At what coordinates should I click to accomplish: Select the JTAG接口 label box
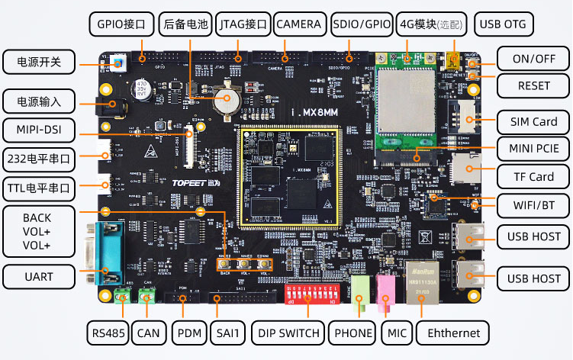[243, 24]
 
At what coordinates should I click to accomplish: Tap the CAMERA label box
[299, 24]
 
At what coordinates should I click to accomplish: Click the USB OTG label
[503, 24]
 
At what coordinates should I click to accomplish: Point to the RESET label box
[533, 85]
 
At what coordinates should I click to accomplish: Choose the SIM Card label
[533, 122]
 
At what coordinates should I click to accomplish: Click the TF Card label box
[533, 177]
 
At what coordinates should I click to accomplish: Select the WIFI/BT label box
[533, 204]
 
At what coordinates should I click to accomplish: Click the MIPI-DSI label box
[38, 129]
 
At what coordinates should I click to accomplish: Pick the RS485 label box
[108, 333]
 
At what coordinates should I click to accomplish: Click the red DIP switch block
[311, 294]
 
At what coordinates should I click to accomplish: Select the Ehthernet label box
[454, 333]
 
